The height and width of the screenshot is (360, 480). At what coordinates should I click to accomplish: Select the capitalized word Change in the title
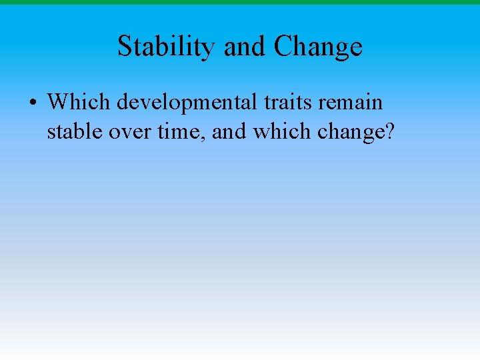pos(318,47)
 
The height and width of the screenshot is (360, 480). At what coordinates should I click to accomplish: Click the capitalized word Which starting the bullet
pos(79,103)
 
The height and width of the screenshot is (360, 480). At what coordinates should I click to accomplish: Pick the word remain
pos(354,103)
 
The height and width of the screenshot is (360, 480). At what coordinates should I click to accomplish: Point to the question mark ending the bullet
pos(390,131)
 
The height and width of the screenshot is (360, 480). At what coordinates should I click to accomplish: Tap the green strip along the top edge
pos(240,2)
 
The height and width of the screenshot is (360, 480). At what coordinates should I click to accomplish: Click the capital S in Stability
pos(125,47)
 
